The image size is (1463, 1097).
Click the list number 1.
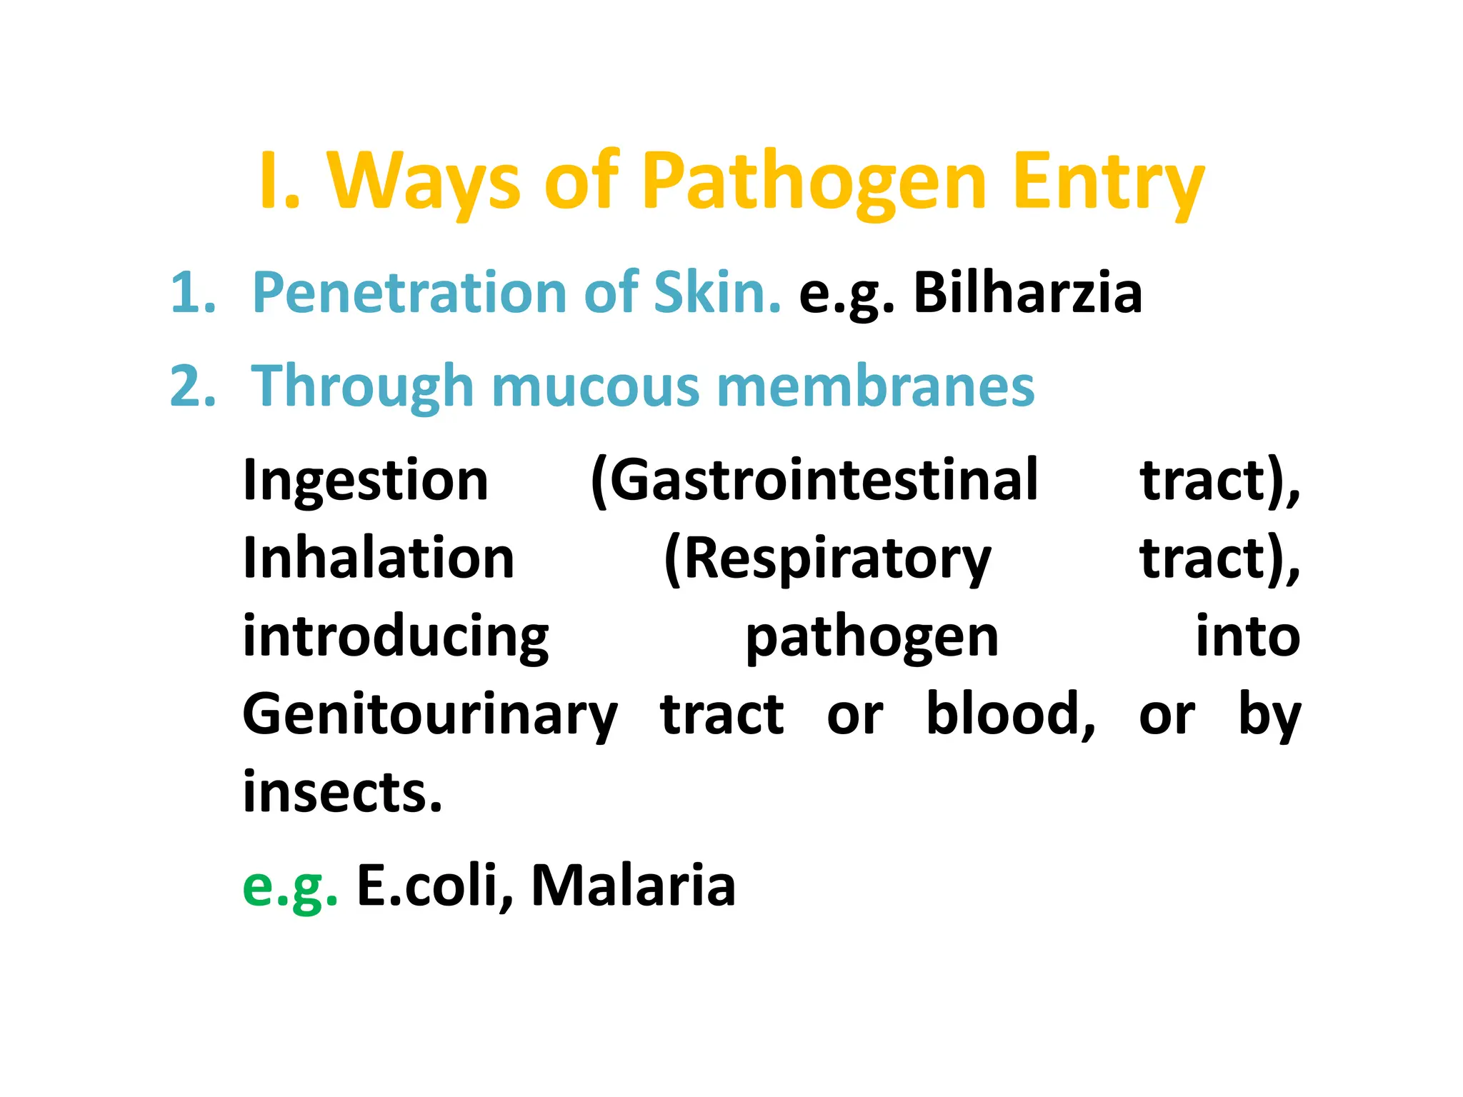pyautogui.click(x=193, y=293)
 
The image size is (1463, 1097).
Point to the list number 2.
pyautogui.click(x=193, y=386)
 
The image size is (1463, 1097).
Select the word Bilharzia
pyautogui.click(x=1028, y=293)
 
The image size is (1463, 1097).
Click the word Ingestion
pyautogui.click(x=366, y=480)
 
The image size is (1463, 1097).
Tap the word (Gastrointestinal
pyautogui.click(x=814, y=480)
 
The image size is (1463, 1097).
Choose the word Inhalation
pyautogui.click(x=379, y=558)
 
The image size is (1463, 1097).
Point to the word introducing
pyautogui.click(x=396, y=636)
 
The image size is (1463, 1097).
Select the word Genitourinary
pyautogui.click(x=430, y=714)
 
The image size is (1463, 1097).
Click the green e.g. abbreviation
pyautogui.click(x=290, y=886)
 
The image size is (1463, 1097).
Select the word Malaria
pyautogui.click(x=633, y=886)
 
